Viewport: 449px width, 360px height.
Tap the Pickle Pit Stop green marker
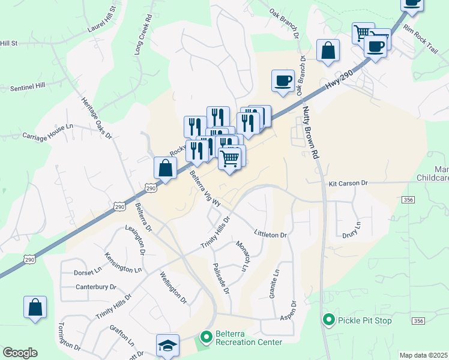pyautogui.click(x=328, y=320)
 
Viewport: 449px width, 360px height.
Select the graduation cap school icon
pyautogui.click(x=168, y=345)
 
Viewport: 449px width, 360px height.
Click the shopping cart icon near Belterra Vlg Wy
pyautogui.click(x=230, y=159)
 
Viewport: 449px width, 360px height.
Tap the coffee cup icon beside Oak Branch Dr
pyautogui.click(x=283, y=80)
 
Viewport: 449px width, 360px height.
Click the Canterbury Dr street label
pyautogui.click(x=95, y=287)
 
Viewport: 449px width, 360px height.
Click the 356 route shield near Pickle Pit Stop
pyautogui.click(x=418, y=322)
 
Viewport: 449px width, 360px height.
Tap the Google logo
pyautogui.click(x=20, y=353)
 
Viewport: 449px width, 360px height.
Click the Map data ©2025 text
pyautogui.click(x=423, y=355)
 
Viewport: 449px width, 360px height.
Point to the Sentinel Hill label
pyautogui.click(x=28, y=87)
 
